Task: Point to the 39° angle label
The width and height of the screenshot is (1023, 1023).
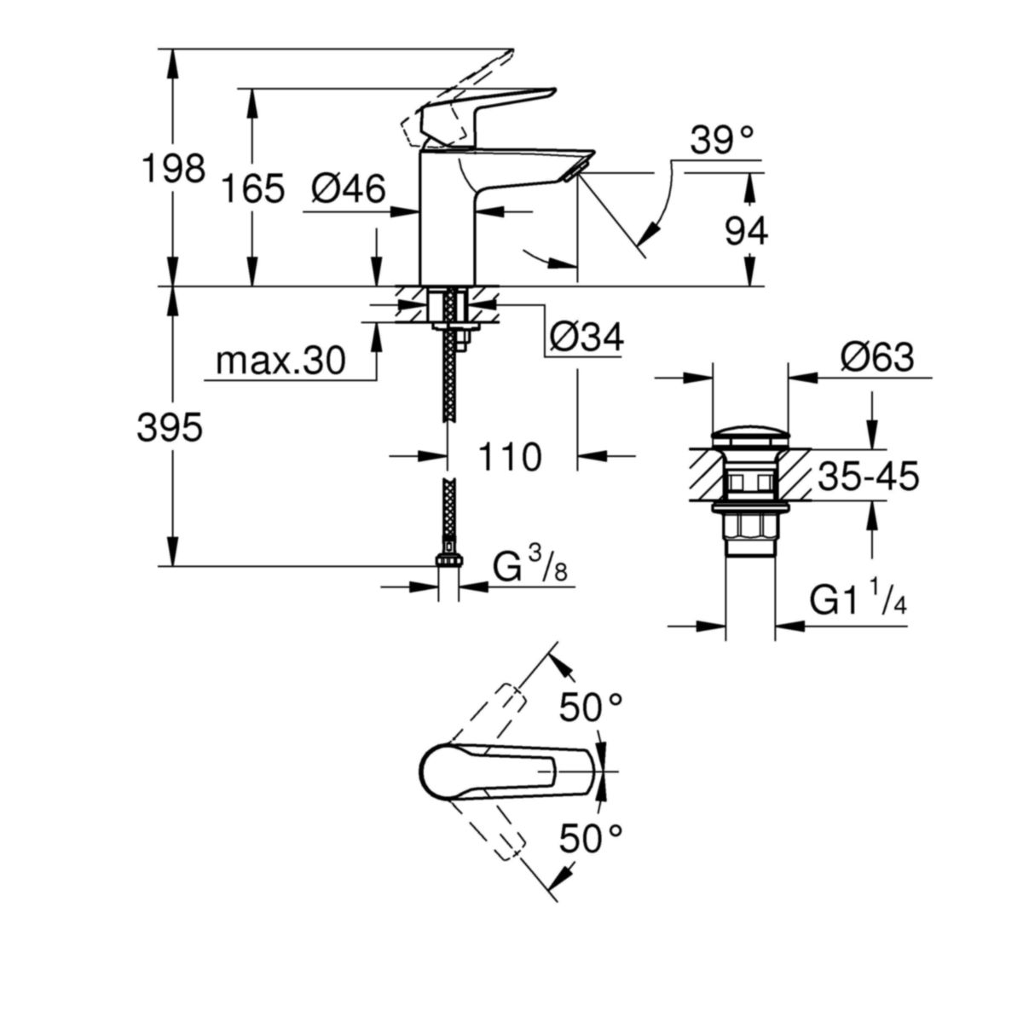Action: [x=722, y=140]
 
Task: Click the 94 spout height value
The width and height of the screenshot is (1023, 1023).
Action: [x=747, y=231]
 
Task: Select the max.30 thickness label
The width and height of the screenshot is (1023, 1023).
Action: [x=280, y=361]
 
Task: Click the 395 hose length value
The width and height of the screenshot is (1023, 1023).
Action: [x=170, y=428]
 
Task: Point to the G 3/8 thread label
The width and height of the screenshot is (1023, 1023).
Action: [x=530, y=566]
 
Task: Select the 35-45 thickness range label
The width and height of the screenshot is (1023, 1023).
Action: [x=869, y=477]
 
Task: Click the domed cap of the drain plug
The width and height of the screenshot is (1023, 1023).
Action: [x=749, y=436]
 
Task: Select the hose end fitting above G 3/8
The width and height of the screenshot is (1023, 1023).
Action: [x=448, y=561]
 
